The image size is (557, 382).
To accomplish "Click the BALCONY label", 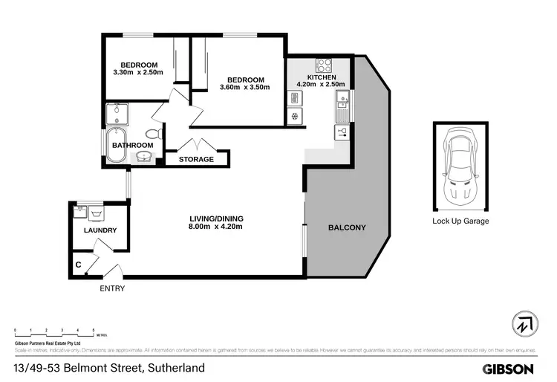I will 347,227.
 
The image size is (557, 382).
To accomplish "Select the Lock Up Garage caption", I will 460,221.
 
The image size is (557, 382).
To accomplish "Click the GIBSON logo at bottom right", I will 508,369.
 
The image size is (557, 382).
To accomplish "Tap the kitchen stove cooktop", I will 323,65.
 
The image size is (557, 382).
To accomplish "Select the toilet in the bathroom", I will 153,133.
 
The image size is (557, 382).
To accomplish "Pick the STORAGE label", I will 196,159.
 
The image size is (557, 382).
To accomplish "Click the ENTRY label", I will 111,288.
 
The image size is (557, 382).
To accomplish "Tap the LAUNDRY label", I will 100,230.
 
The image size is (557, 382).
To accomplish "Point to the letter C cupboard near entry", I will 78,264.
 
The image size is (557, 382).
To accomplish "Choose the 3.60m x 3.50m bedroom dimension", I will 245,88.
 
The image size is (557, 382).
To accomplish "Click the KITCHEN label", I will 321,77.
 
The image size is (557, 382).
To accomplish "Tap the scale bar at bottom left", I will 54,329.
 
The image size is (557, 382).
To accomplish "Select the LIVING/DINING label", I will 216,218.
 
